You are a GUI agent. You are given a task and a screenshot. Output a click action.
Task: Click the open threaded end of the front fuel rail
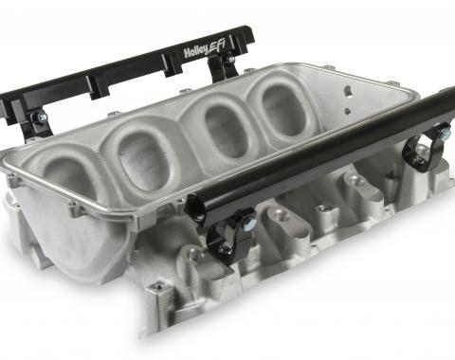[194, 207]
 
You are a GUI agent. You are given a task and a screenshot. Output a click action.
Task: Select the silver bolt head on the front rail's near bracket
[246, 224]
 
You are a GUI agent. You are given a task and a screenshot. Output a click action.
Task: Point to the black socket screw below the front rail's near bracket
[224, 249]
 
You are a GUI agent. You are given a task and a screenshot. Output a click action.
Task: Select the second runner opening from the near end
[144, 161]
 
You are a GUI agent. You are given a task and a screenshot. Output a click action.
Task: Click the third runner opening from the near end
[226, 131]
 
